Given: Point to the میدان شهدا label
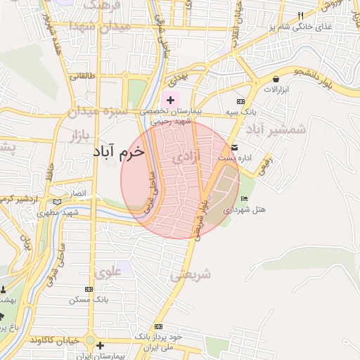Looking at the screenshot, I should tap(98, 26).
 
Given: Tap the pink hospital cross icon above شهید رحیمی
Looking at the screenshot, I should tap(170, 101).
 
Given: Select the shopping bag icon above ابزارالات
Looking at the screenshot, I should tap(275, 79).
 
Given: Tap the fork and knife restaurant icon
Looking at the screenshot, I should tap(301, 15).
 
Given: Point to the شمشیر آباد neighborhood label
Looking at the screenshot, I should tap(278, 129).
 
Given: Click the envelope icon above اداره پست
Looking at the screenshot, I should tap(234, 148).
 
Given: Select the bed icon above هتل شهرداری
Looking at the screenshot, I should tap(244, 199).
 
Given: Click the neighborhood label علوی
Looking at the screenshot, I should tap(108, 271).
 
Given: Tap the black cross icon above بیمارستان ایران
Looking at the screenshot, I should tap(101, 345).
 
